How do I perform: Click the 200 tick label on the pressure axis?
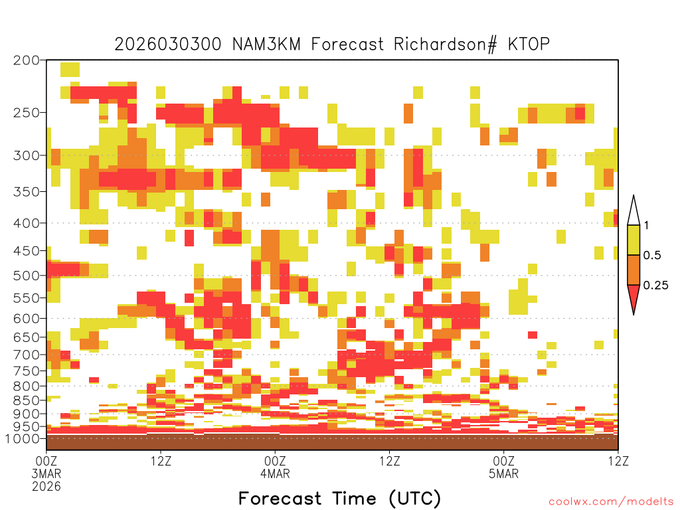click(x=27, y=60)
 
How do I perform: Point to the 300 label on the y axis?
click(x=27, y=155)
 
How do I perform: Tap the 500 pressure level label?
click(x=27, y=276)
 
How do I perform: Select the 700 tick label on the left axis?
click(x=27, y=355)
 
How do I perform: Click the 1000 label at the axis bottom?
click(x=23, y=439)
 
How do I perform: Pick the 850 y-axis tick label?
click(x=27, y=400)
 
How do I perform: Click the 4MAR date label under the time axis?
click(x=275, y=473)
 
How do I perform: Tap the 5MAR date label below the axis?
click(x=503, y=473)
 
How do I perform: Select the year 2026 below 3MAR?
click(x=46, y=486)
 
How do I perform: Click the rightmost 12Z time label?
click(x=618, y=461)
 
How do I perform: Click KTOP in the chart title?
click(x=529, y=44)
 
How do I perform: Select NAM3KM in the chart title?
click(x=266, y=44)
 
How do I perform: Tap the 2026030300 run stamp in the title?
click(x=168, y=44)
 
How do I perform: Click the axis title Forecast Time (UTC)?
click(x=339, y=498)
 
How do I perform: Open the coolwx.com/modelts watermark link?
click(x=611, y=502)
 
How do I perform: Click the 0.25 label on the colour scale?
click(x=655, y=286)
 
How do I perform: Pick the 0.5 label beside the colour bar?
click(x=652, y=255)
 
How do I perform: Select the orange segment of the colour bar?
click(x=634, y=270)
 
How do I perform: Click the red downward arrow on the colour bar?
click(x=634, y=297)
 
